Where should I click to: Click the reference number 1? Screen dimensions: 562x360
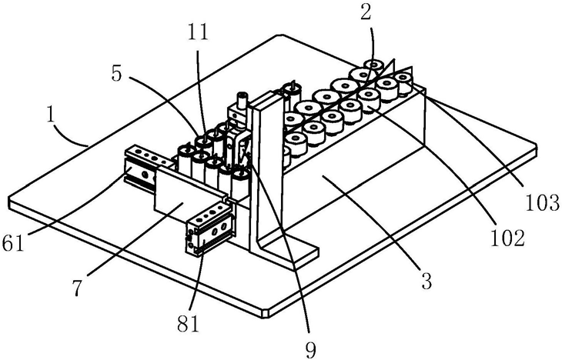(x=52, y=117)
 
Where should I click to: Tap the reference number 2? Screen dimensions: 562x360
(x=365, y=13)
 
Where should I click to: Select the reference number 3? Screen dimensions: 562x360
(x=427, y=281)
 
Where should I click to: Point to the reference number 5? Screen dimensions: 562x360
(x=117, y=74)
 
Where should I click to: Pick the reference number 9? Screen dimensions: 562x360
(x=310, y=349)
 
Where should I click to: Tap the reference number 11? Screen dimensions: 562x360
(x=198, y=32)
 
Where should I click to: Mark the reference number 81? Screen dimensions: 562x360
(x=188, y=324)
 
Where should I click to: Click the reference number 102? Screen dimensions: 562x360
(x=507, y=238)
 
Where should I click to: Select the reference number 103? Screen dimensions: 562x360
(x=543, y=203)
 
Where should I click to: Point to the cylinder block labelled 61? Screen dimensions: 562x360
(x=143, y=167)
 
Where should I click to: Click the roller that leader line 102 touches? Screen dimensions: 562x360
(x=369, y=99)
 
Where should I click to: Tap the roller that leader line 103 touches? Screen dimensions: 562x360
(x=403, y=82)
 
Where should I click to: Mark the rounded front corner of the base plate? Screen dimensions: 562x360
(x=266, y=312)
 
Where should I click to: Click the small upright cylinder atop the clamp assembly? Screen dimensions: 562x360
(x=243, y=99)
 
